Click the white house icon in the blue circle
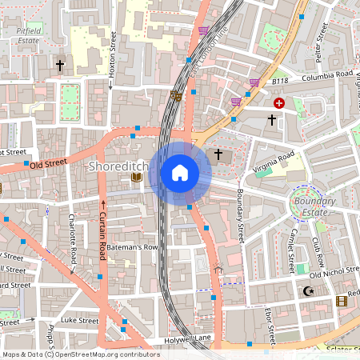(180, 172)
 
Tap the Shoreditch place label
(115, 166)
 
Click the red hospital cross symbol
(279, 103)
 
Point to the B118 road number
(279, 82)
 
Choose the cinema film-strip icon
(342, 301)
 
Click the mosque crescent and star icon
(307, 293)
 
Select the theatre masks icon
(176, 95)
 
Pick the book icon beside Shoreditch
(136, 177)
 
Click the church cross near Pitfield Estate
(59, 64)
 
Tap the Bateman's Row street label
(132, 247)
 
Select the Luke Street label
(80, 320)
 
